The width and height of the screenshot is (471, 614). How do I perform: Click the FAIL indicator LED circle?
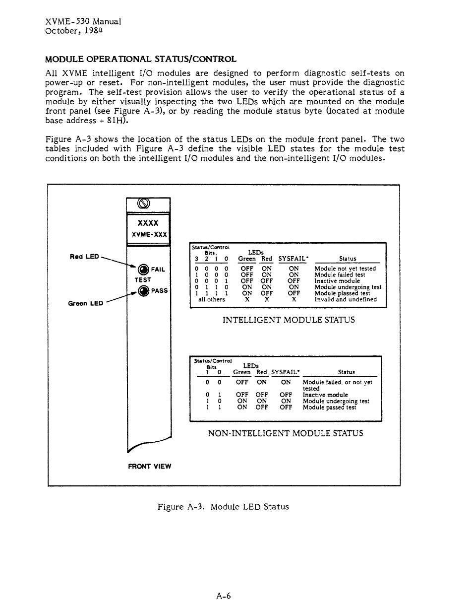coord(143,270)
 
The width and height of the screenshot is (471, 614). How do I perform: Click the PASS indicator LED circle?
coord(143,291)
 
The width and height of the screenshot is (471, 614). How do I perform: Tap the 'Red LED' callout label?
coord(85,257)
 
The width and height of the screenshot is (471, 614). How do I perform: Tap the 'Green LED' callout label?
coord(85,303)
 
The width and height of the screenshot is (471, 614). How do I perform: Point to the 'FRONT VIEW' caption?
coord(149,466)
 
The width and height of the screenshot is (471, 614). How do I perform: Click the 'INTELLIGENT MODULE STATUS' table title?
coord(289,320)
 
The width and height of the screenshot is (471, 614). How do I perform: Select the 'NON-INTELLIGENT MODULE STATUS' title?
coord(286,433)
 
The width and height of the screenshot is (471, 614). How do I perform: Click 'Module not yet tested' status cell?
coord(345,269)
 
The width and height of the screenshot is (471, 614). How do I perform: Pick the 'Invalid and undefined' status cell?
coord(346,299)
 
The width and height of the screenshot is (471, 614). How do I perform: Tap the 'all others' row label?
coord(212,299)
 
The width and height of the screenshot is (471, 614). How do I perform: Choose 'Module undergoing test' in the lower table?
coord(336,401)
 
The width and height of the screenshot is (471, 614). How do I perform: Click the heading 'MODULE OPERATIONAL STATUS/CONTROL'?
coord(141,59)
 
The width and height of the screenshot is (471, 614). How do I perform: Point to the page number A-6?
coord(224,596)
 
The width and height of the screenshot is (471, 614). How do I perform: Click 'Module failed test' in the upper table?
coord(340,274)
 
